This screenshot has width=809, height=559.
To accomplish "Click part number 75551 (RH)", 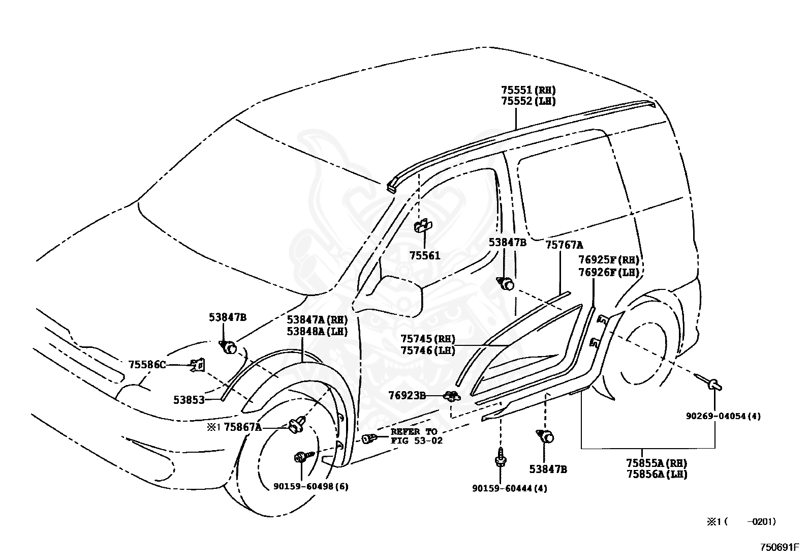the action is coord(528,90).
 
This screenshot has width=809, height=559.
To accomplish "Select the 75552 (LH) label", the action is coord(528,101).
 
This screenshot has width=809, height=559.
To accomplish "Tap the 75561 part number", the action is coord(425,256).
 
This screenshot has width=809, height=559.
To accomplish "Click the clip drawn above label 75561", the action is coord(423,226).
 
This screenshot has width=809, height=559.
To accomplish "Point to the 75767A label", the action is coord(564,245).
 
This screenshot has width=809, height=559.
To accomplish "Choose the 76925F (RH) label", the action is coord(609,260).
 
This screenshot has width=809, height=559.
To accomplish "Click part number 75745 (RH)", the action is coord(428,339).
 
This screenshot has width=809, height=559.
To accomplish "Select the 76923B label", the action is coord(407,396).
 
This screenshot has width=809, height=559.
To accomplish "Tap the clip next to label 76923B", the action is coord(452,396).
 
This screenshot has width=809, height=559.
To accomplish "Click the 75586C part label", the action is coord(147,365).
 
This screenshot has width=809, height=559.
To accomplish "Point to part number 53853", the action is coord(189,400).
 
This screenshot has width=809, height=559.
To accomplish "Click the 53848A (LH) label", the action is coord(317,332).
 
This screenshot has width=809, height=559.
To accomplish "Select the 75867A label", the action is coord(242,427).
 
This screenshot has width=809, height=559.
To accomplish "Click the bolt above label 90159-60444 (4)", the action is coord(501,458).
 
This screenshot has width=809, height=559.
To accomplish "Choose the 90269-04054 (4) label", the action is coord(724,416).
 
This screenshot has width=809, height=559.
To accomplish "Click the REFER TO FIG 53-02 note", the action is coord(416,436).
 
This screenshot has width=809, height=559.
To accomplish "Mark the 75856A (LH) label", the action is coord(657,474).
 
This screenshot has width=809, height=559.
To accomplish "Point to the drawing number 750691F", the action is coord(780,547).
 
